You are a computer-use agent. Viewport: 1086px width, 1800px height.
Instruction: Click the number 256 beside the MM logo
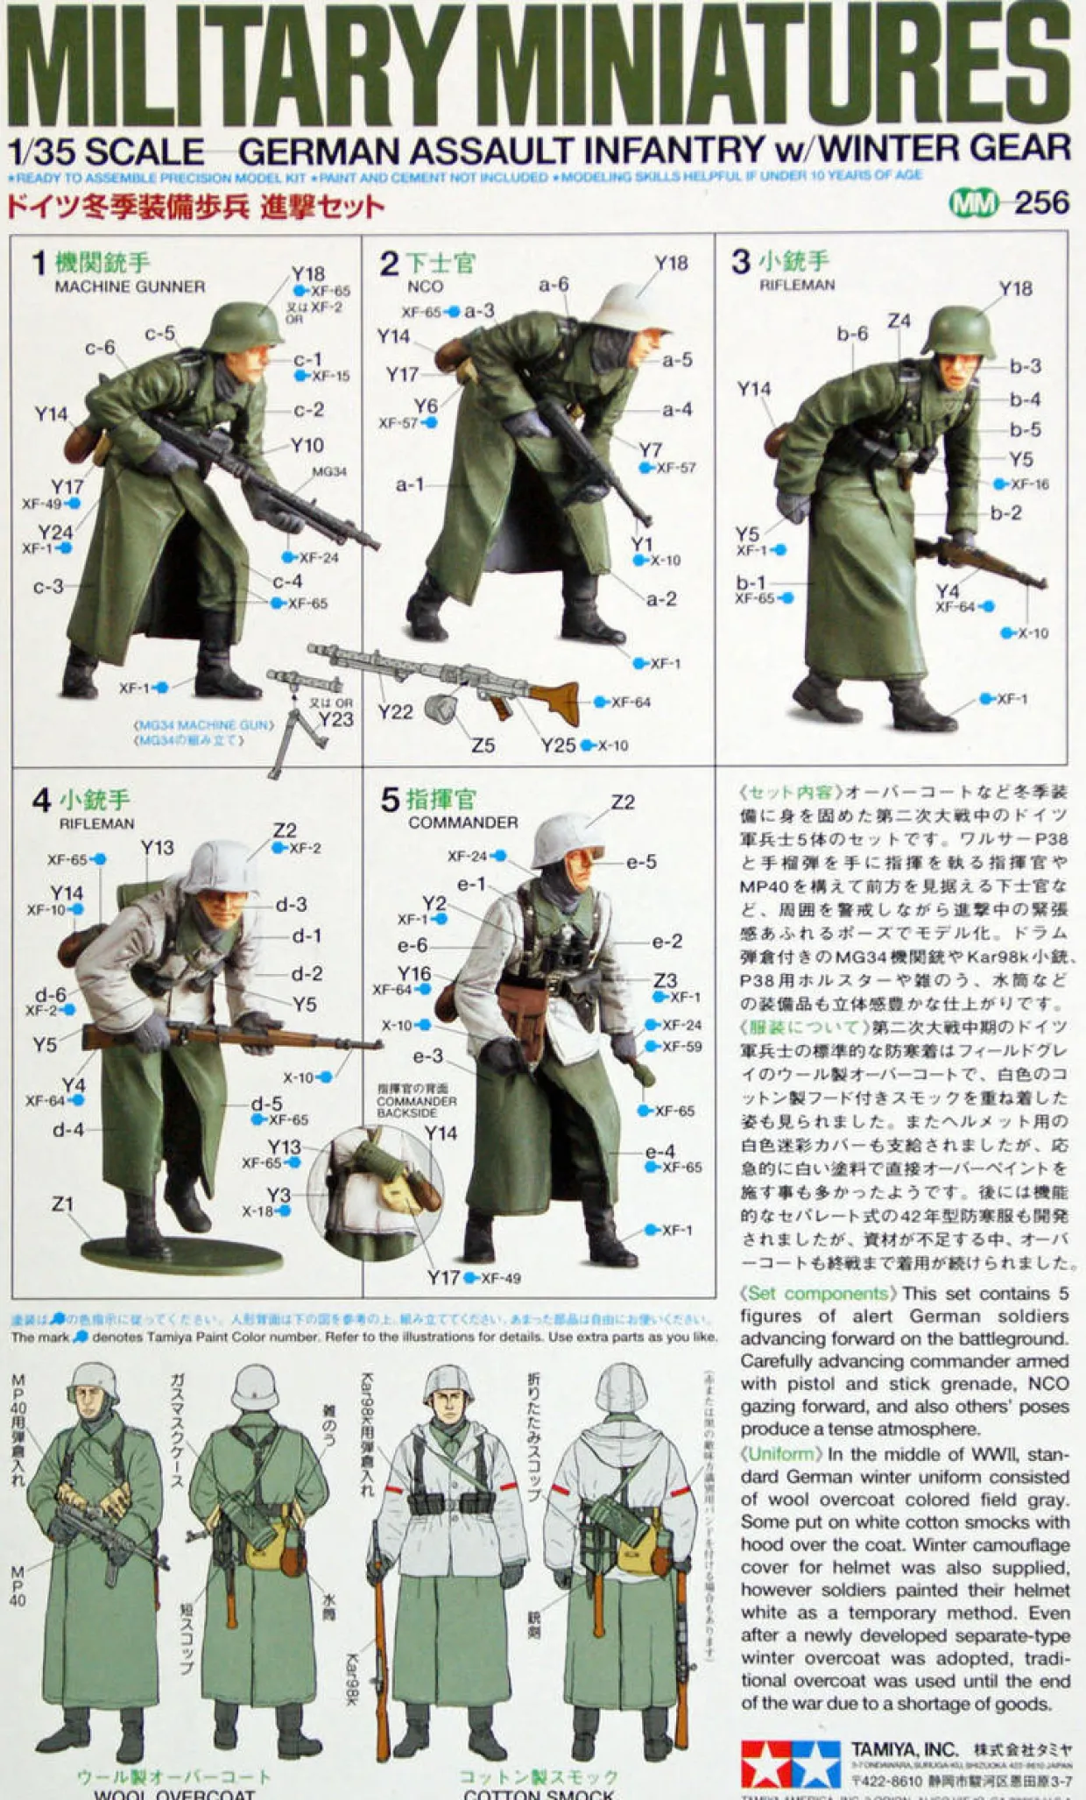click(1041, 203)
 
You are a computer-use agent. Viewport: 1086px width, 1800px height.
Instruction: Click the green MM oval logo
click(973, 204)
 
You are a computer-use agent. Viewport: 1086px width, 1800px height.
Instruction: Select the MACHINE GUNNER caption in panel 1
click(130, 286)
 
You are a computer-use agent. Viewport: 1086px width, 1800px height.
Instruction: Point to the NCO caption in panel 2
click(425, 286)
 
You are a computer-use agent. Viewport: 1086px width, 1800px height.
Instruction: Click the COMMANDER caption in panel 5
click(462, 822)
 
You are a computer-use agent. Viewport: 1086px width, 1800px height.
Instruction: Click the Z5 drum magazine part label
click(483, 745)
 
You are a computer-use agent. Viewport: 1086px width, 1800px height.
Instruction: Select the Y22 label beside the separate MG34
click(395, 712)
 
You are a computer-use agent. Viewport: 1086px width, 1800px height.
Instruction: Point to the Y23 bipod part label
click(335, 720)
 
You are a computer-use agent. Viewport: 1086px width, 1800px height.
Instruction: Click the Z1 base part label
click(62, 1204)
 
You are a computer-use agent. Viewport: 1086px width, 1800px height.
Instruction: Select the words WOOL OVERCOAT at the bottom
click(173, 1792)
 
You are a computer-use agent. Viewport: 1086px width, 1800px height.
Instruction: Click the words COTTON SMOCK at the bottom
click(539, 1792)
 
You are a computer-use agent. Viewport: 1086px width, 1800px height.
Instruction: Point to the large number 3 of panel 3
click(741, 261)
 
